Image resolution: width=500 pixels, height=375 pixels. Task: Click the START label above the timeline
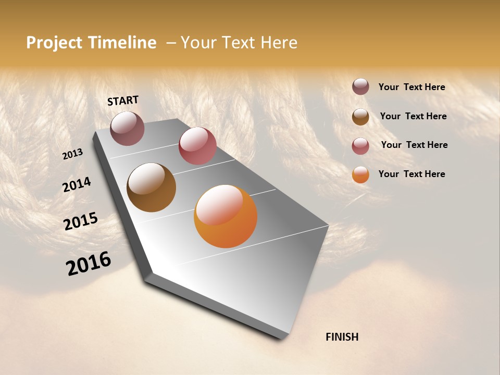pyautogui.click(x=123, y=101)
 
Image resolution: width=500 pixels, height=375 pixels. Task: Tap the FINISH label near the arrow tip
pyautogui.click(x=342, y=337)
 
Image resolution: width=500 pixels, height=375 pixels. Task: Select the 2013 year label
pyautogui.click(x=72, y=154)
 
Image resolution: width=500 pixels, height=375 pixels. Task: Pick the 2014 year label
pyautogui.click(x=77, y=185)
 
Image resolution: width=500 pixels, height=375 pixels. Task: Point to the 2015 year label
pyautogui.click(x=81, y=221)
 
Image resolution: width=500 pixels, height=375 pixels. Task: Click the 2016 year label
pyautogui.click(x=89, y=264)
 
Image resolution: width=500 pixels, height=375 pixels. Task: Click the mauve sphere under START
pyautogui.click(x=127, y=128)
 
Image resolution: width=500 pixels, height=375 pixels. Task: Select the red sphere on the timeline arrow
pyautogui.click(x=197, y=146)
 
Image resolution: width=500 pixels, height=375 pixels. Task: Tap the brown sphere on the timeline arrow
pyautogui.click(x=151, y=187)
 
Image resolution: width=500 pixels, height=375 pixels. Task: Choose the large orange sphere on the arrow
pyautogui.click(x=226, y=216)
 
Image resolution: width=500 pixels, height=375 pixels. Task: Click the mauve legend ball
pyautogui.click(x=360, y=87)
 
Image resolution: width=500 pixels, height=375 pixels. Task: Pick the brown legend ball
pyautogui.click(x=360, y=117)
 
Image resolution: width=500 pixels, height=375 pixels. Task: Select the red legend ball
pyautogui.click(x=360, y=146)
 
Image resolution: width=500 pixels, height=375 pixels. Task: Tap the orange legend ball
pyautogui.click(x=360, y=174)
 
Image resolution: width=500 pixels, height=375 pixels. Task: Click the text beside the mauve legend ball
pyautogui.click(x=411, y=87)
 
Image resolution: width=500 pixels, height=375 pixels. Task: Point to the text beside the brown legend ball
pyautogui.click(x=413, y=116)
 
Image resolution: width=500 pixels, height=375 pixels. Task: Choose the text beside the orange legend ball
pyautogui.click(x=411, y=174)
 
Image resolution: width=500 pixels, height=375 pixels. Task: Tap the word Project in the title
pyautogui.click(x=53, y=43)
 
